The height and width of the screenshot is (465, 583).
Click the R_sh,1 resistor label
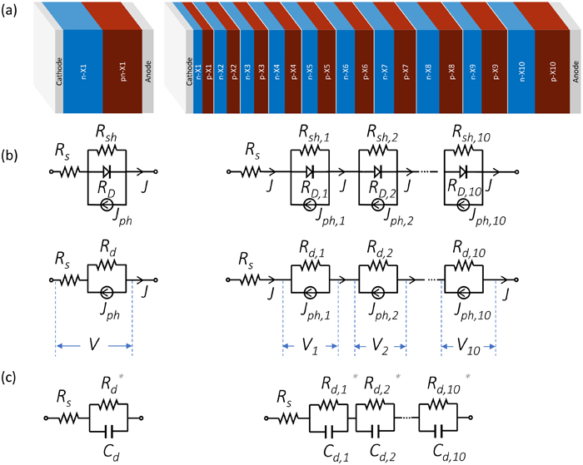point(316,131)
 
